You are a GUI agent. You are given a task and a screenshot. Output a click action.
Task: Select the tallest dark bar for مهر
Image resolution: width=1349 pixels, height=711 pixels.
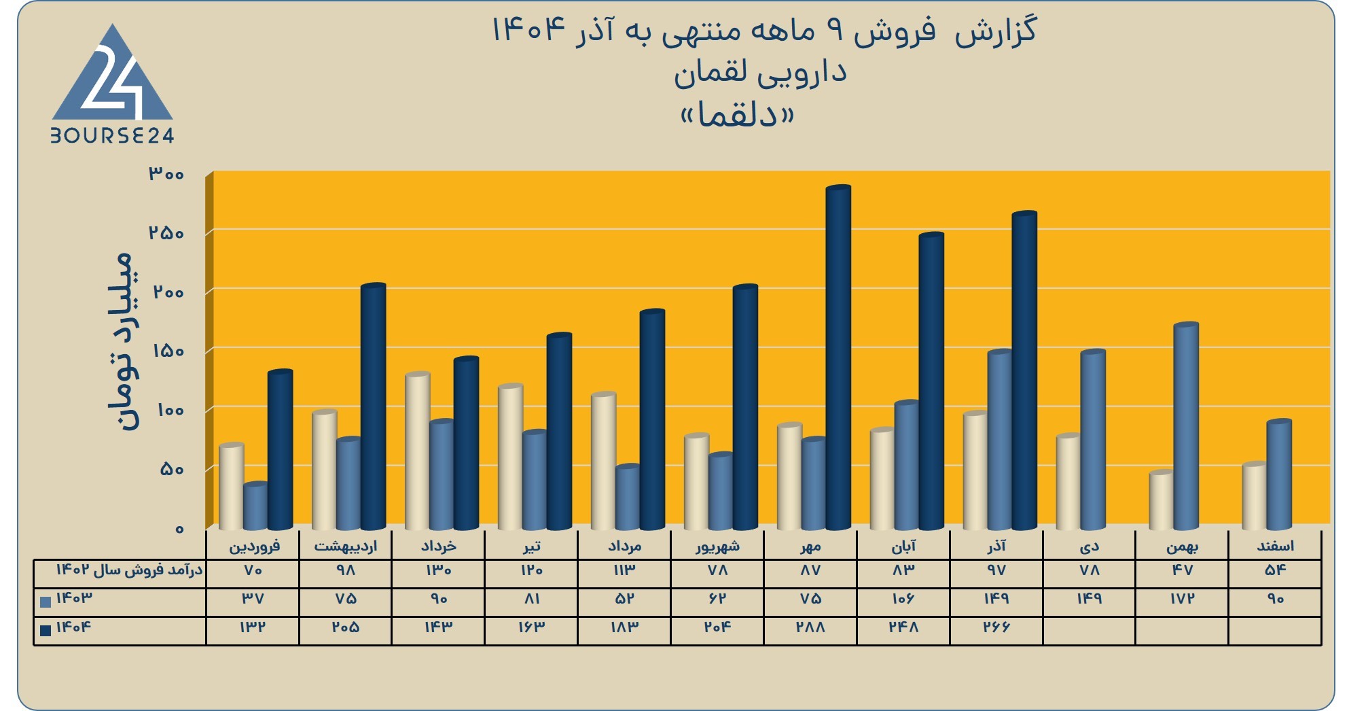pos(838,357)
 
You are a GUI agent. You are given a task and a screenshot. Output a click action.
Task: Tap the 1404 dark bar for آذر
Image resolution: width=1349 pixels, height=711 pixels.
pos(1024,370)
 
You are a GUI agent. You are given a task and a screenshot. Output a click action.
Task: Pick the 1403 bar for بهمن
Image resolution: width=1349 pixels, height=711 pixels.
pos(1186,426)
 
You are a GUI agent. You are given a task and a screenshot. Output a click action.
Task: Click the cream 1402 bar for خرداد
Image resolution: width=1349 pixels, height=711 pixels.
pos(417,451)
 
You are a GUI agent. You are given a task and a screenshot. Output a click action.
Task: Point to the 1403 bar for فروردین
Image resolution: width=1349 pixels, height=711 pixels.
pos(255,506)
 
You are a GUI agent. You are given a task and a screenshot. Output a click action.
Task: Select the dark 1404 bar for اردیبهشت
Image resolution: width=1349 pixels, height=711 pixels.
pos(373,406)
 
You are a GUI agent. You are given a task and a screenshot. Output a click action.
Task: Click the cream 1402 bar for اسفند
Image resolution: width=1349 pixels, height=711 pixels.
pos(1255,496)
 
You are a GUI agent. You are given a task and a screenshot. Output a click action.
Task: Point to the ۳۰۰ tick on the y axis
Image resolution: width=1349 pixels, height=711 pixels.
pos(166,174)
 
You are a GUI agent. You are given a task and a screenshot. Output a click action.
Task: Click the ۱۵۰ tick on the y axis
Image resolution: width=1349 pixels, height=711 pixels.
pos(166,351)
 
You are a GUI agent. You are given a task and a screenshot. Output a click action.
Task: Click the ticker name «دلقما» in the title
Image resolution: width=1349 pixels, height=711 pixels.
pos(737,116)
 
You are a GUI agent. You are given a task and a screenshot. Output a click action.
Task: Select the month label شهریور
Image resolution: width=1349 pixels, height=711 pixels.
pos(717,546)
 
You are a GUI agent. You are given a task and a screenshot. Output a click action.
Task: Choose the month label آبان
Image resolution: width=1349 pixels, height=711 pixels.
pos(903,546)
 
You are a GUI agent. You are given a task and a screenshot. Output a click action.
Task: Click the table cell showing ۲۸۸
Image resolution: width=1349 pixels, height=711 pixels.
pos(810,627)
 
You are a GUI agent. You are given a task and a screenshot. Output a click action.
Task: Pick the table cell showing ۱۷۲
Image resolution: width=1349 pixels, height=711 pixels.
pos(1183,599)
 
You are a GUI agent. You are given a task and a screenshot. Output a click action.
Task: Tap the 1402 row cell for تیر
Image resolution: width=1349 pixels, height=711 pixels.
pos(531,570)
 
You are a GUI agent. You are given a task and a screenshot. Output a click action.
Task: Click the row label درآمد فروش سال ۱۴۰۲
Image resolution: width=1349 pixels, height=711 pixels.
pos(129,570)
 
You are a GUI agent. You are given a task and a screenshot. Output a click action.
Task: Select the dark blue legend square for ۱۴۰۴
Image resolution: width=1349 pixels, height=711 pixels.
pos(46,630)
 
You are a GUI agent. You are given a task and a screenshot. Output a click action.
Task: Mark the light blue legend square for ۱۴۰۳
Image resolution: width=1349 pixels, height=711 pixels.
pos(46,602)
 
